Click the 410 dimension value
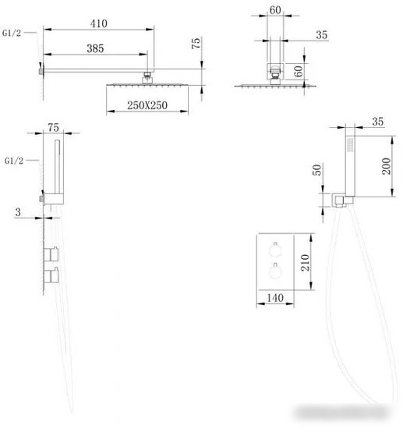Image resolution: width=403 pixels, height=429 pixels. pyautogui.click(x=99, y=24)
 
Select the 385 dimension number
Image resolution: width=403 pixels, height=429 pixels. pyautogui.click(x=95, y=48)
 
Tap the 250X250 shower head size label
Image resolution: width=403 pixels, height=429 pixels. pyautogui.click(x=147, y=105)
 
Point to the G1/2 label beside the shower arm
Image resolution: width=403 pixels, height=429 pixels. pyautogui.click(x=12, y=33)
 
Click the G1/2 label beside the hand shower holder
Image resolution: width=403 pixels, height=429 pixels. pyautogui.click(x=14, y=161)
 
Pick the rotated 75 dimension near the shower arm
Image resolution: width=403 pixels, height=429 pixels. pyautogui.click(x=196, y=44)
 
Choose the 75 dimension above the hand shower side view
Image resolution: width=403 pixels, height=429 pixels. pyautogui.click(x=53, y=127)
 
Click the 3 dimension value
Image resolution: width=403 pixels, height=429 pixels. pyautogui.click(x=18, y=212)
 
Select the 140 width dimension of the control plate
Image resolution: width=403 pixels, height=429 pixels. pyautogui.click(x=275, y=298)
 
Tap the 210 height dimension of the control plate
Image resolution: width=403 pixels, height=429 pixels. pyautogui.click(x=305, y=263)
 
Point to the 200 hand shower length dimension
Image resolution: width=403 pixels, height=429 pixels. pyautogui.click(x=386, y=166)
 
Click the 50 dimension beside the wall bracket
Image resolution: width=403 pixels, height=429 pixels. pyautogui.click(x=316, y=170)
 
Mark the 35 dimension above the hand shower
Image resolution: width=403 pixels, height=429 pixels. pyautogui.click(x=377, y=122)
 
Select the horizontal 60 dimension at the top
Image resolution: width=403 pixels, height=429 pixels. pyautogui.click(x=275, y=10)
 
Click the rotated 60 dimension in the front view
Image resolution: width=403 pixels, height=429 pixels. pyautogui.click(x=299, y=71)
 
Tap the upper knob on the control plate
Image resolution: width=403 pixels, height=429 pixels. pyautogui.click(x=274, y=250)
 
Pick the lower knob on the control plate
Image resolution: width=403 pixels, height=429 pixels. pyautogui.click(x=274, y=271)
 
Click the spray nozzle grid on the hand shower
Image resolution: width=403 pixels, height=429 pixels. pyautogui.click(x=350, y=144)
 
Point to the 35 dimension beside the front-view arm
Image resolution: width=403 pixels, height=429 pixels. pyautogui.click(x=321, y=35)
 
